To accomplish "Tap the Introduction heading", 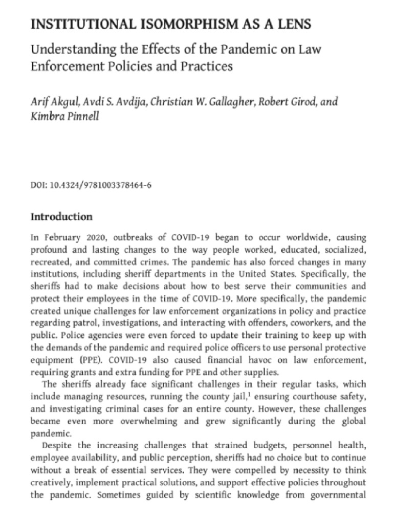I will [x=62, y=217].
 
